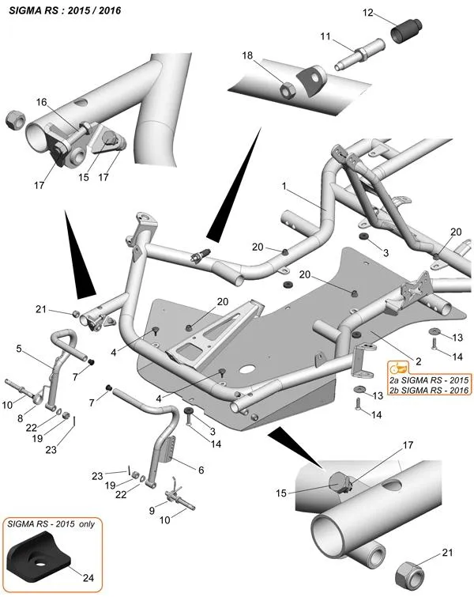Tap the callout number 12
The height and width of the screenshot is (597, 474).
(367, 13)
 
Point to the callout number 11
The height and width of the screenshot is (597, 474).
(325, 36)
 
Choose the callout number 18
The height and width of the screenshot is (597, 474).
(247, 55)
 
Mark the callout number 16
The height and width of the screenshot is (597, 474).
(41, 101)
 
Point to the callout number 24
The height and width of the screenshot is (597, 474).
(88, 578)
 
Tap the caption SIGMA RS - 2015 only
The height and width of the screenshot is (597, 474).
(51, 525)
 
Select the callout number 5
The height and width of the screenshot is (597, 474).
(19, 347)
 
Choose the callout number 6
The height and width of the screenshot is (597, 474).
(200, 470)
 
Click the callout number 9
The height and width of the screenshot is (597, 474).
(152, 511)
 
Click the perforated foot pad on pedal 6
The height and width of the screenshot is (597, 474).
(164, 452)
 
